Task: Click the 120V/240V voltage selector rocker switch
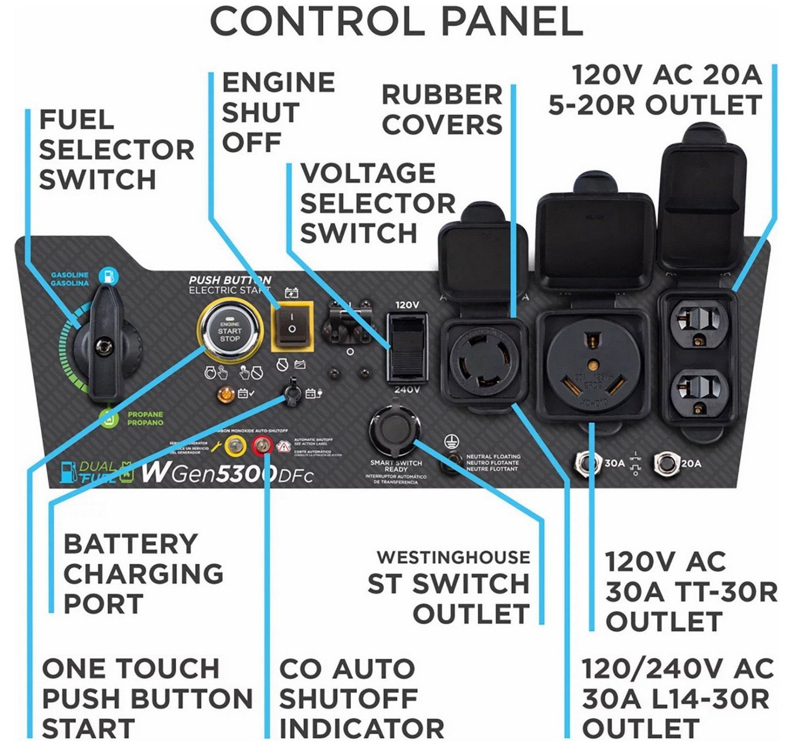408,345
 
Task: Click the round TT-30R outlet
593,367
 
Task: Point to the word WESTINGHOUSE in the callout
453,557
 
